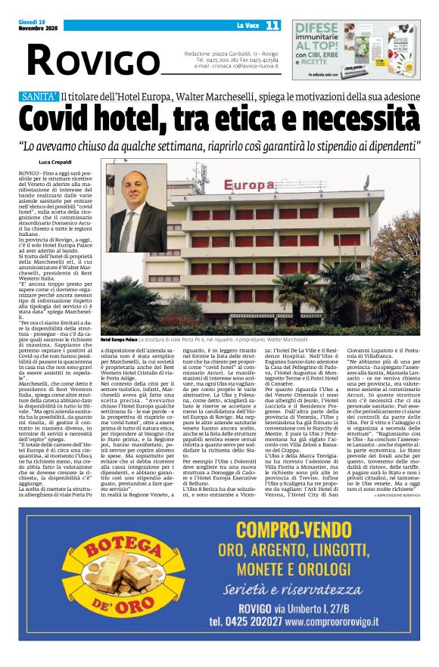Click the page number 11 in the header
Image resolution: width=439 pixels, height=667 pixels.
click(x=272, y=25)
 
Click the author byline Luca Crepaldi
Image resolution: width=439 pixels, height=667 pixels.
click(x=54, y=162)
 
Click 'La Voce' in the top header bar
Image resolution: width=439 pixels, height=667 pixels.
click(x=247, y=25)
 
